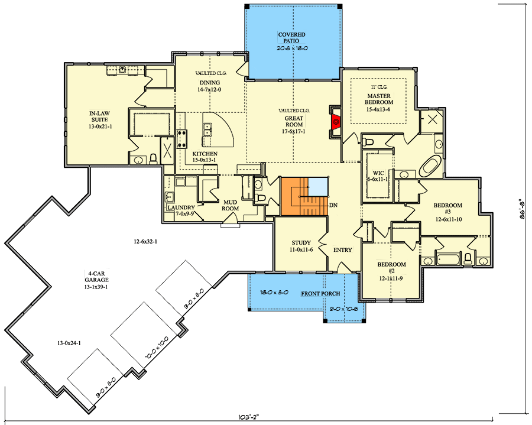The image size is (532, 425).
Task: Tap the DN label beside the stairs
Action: point(333,205)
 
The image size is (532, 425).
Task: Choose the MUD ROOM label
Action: point(230,205)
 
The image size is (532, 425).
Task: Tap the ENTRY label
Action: point(342,250)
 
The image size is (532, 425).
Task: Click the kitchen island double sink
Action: point(207,129)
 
